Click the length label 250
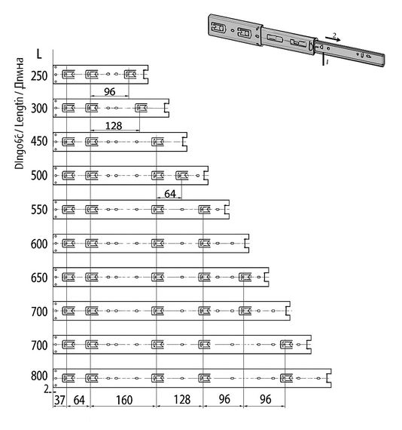click(39, 76)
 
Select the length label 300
click(39, 109)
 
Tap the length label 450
click(39, 142)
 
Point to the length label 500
click(39, 176)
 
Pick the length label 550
click(39, 210)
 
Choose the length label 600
click(39, 244)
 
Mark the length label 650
click(39, 278)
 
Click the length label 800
click(39, 376)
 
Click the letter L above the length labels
click(39, 54)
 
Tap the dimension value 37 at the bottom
click(59, 400)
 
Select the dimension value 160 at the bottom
click(124, 400)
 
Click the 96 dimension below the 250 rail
click(109, 91)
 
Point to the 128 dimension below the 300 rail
click(114, 126)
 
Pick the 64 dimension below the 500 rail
click(170, 194)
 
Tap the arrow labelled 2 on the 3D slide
click(333, 38)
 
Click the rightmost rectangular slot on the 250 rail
click(130, 75)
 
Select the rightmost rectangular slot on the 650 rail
click(245, 277)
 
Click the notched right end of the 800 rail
click(329, 378)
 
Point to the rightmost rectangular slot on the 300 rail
click(142, 108)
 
